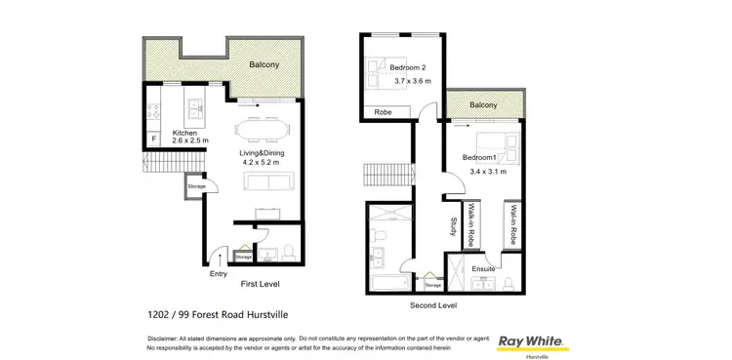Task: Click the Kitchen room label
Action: [185, 133]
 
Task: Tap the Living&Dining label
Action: [262, 153]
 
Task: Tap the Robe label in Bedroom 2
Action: [385, 113]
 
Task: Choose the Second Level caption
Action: [432, 304]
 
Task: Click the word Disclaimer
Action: [165, 338]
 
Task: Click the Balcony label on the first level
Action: [265, 64]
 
